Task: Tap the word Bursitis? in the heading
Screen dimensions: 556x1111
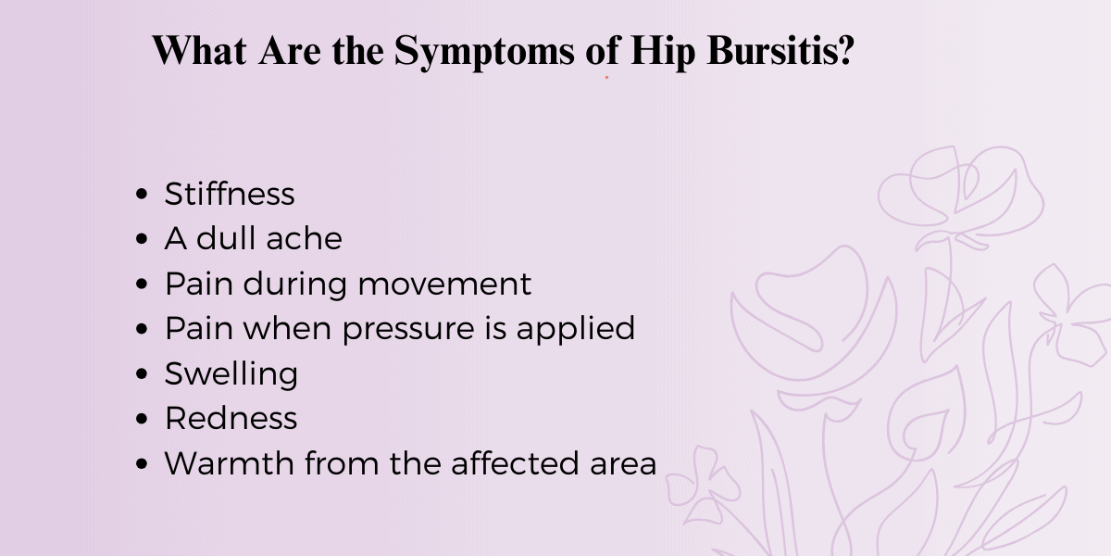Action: pyautogui.click(x=780, y=52)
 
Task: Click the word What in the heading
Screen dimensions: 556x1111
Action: pyautogui.click(x=201, y=52)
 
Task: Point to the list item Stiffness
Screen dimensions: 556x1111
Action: pyautogui.click(x=230, y=194)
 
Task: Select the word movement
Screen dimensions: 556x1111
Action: pyautogui.click(x=444, y=284)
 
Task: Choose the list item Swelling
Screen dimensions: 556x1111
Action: pyautogui.click(x=231, y=373)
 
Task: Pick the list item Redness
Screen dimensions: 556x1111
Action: pyautogui.click(x=231, y=418)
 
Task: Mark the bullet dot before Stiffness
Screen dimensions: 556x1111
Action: pyautogui.click(x=142, y=195)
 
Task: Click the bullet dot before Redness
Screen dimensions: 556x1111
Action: pyautogui.click(x=142, y=419)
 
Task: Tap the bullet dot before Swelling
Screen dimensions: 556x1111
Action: pyautogui.click(x=142, y=374)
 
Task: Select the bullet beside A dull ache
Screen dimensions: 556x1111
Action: pyautogui.click(x=142, y=240)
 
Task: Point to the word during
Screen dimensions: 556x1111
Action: pyautogui.click(x=297, y=284)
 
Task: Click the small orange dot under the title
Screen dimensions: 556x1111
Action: pyautogui.click(x=606, y=78)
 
